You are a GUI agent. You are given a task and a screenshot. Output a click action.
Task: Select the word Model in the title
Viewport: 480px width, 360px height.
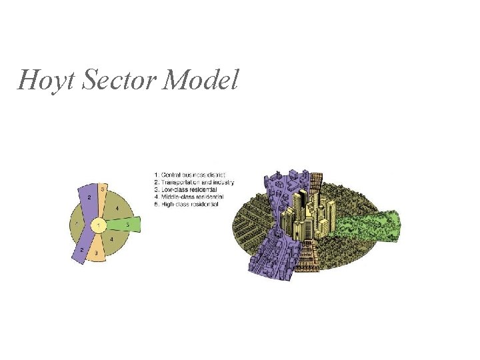(x=200, y=81)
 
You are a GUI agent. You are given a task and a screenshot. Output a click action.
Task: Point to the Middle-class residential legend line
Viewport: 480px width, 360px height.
(x=189, y=197)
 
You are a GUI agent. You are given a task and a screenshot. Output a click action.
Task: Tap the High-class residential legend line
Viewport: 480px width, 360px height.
(x=187, y=205)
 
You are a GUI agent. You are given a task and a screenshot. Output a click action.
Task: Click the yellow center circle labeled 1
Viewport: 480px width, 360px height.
(x=98, y=227)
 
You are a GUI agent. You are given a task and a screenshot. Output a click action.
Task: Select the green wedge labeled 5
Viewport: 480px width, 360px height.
(x=127, y=225)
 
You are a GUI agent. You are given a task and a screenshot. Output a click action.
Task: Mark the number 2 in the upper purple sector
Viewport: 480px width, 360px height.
(x=89, y=198)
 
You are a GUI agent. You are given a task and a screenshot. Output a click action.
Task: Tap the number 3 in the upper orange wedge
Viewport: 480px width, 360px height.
(x=102, y=189)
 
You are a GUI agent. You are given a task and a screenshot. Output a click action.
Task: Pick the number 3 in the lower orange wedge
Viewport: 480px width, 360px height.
(x=97, y=253)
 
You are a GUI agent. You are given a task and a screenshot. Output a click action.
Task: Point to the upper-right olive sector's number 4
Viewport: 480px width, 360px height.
(x=117, y=208)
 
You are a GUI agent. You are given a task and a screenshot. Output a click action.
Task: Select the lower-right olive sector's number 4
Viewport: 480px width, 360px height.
(x=111, y=239)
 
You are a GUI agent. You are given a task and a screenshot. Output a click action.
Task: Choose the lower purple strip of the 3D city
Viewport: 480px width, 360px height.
(x=270, y=257)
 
